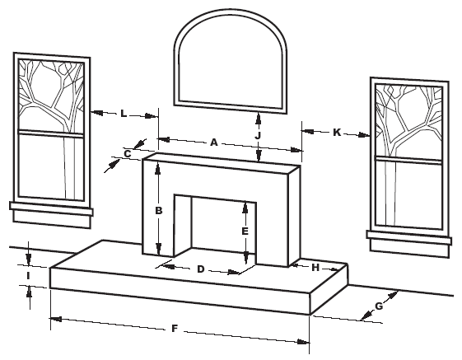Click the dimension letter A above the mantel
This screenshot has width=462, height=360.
coord(213,143)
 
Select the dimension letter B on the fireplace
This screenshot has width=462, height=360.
coord(160,211)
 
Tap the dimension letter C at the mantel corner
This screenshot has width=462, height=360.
coord(128,152)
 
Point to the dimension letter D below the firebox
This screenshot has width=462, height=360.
coord(200,269)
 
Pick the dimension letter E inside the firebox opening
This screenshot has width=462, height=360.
coord(245,232)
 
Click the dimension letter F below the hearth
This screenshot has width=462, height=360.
coord(175,329)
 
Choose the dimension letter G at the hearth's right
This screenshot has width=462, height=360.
coord(379,306)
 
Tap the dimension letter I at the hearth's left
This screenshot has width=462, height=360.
coord(28,274)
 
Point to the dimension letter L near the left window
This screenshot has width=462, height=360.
coord(124,114)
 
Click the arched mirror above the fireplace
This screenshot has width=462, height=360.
coord(232,62)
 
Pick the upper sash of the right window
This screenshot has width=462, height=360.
coord(409,119)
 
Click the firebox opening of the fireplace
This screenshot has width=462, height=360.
coord(216,227)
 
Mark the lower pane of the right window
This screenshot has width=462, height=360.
coord(409,191)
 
